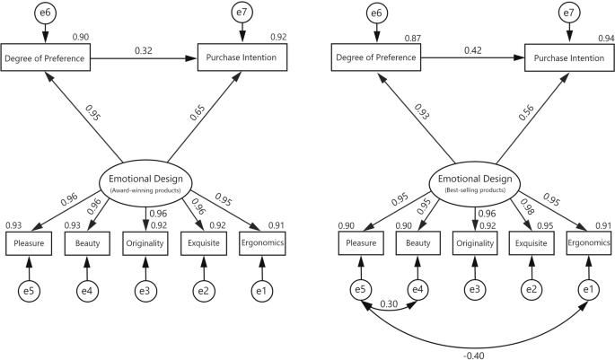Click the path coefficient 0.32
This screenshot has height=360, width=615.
click(141, 50)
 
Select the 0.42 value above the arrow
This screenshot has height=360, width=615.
click(473, 50)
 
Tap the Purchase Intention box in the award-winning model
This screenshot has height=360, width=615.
click(242, 58)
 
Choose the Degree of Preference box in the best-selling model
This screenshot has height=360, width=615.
click(379, 58)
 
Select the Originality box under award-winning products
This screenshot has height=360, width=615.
click(145, 242)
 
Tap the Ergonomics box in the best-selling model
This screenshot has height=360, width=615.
click(589, 242)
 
